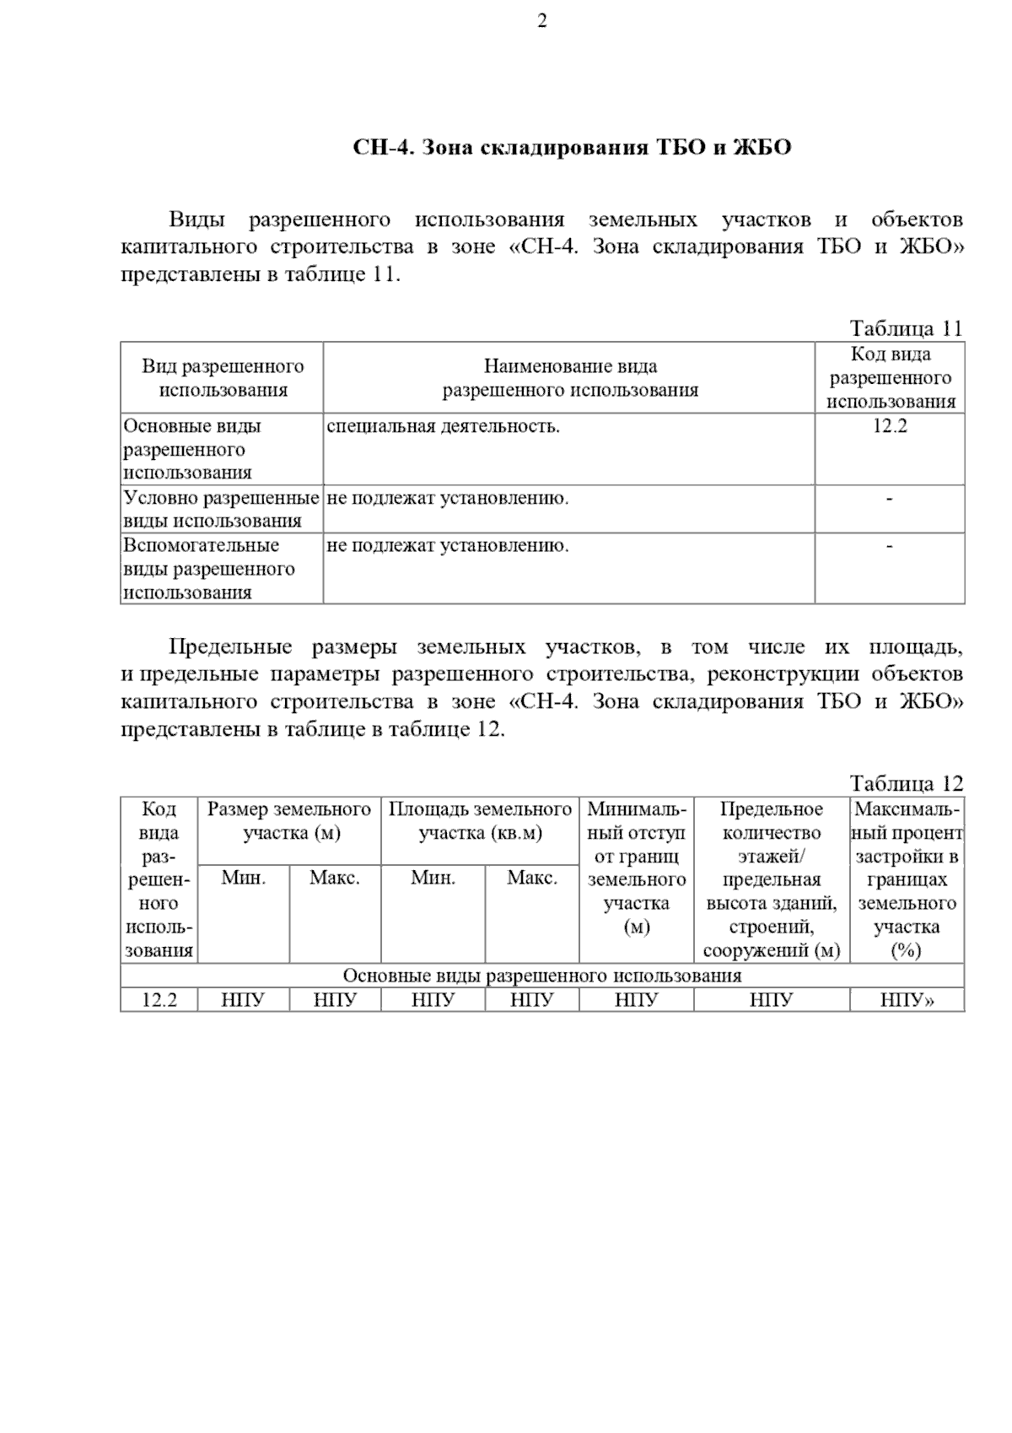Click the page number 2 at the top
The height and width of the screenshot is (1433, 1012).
pos(541,22)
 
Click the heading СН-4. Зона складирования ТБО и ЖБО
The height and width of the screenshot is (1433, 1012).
pos(572,149)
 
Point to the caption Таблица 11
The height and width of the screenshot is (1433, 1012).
pos(906,328)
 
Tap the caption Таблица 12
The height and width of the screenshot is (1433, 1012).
pos(906,784)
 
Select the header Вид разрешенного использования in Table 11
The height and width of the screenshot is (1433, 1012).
pos(223,378)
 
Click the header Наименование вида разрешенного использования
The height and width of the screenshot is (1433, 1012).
pos(570,378)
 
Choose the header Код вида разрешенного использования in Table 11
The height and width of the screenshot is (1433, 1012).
pos(891,378)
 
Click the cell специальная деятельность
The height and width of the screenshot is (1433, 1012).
pos(444,426)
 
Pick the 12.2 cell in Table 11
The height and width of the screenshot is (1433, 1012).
pos(890,426)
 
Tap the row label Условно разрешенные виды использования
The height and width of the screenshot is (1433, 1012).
pos(221,509)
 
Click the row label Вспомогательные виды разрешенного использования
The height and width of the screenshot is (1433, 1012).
pos(209,569)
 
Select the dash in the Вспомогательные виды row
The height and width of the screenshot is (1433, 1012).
pos(890,546)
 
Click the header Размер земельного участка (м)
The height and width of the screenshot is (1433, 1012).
pos(289,821)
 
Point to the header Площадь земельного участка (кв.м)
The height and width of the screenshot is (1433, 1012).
pos(480,821)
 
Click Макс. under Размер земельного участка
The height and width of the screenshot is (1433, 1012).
pos(335,878)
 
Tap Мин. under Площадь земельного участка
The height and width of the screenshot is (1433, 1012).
pos(433,878)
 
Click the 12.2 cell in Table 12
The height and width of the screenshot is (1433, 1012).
pos(159,1000)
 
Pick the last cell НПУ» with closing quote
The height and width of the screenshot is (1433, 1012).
pos(907,1000)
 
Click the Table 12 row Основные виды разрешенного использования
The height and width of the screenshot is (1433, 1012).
pos(542,976)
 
